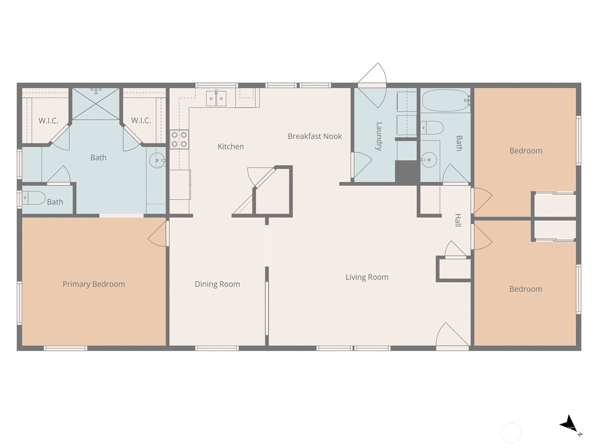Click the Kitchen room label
point(231,147)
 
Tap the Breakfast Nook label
point(315,136)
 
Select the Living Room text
point(367,277)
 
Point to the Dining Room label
point(217,284)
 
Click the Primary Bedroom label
point(94,284)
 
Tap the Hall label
point(458,220)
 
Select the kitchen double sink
point(216,99)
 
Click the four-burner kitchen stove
point(179,139)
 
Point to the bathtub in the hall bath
point(446,101)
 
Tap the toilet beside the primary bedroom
point(34,198)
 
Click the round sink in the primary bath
point(157,161)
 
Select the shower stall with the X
point(96,104)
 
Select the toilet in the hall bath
point(432,128)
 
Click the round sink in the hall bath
point(429,160)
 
